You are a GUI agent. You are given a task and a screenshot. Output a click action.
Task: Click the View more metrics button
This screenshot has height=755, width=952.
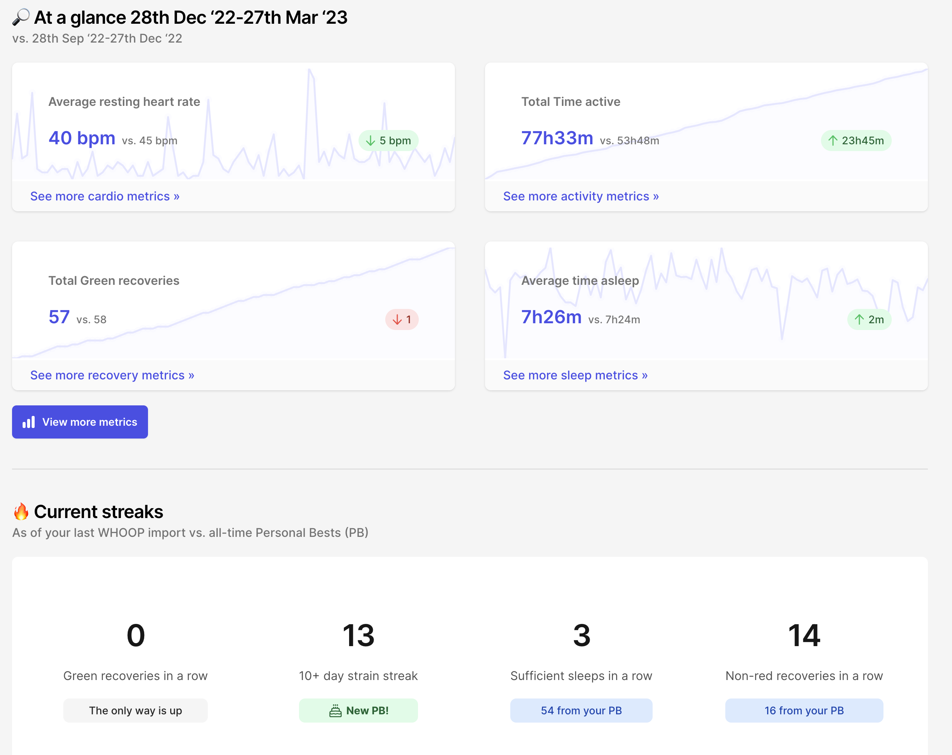[80, 422]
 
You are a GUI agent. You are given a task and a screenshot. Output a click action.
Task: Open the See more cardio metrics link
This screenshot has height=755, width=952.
[105, 196]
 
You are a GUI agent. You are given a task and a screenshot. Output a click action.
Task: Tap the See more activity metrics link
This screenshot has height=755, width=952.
[581, 196]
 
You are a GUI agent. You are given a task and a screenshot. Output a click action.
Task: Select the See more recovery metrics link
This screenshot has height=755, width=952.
[112, 375]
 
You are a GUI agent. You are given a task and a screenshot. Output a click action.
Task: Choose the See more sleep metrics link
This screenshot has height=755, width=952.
[575, 375]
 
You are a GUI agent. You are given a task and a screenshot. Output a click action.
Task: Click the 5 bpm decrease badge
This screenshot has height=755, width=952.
[389, 141]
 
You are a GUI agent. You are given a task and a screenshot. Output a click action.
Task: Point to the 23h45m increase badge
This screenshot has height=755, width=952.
[856, 141]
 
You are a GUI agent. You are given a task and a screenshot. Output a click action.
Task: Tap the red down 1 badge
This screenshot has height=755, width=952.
[402, 319]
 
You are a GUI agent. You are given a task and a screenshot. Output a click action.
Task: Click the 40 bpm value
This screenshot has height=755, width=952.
[82, 138]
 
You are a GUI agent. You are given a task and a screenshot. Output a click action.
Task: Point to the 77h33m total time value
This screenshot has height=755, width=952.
[557, 138]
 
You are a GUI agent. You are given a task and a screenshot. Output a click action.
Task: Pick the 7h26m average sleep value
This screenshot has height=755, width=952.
[551, 317]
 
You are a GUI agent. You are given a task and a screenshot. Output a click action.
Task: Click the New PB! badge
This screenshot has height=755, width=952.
[358, 711]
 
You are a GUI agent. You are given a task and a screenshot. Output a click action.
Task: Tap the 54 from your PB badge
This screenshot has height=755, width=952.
[581, 711]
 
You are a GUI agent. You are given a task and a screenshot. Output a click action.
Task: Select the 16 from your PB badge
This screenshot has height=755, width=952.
[804, 711]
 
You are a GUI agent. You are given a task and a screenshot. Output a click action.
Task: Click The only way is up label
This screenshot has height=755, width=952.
[135, 711]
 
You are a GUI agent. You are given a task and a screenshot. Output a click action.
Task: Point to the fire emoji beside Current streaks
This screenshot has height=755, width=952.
[21, 512]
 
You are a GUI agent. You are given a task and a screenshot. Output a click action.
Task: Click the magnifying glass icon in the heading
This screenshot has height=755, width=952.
[21, 17]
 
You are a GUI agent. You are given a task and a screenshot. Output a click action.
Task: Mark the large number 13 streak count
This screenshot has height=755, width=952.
[358, 635]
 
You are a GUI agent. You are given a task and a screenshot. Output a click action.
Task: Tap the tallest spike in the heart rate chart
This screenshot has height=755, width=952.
[310, 71]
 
